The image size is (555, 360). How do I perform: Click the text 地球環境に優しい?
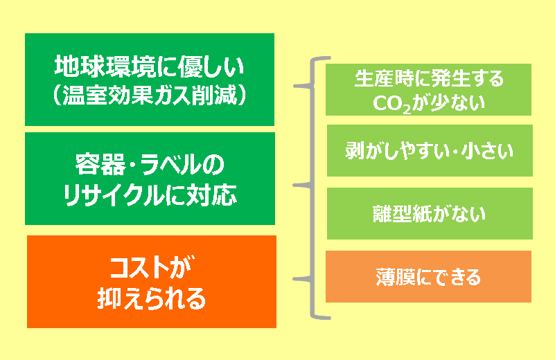click(x=150, y=66)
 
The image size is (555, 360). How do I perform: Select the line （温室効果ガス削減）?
click(x=150, y=95)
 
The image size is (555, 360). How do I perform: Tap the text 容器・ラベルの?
click(x=150, y=165)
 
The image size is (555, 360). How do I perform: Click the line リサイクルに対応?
click(x=150, y=195)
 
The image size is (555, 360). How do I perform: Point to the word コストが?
click(x=152, y=268)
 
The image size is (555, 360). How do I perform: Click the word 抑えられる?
click(x=152, y=298)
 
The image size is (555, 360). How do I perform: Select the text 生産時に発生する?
click(x=429, y=78)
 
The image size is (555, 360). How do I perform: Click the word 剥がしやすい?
click(x=396, y=151)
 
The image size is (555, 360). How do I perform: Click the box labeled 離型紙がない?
click(x=430, y=214)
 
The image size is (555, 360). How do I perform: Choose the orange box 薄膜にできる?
click(x=428, y=276)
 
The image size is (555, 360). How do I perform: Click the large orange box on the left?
click(x=152, y=282)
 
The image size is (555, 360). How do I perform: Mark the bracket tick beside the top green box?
click(x=303, y=86)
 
